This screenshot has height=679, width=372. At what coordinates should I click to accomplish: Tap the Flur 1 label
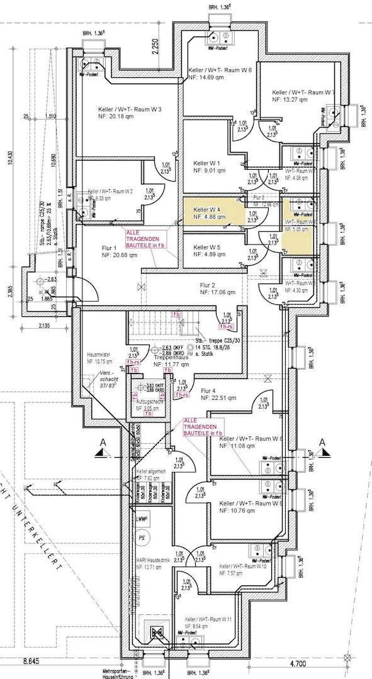click(x=111, y=247)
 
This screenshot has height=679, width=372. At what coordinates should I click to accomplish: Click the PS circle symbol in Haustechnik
click(x=142, y=538)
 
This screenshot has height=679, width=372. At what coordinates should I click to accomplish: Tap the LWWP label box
click(x=141, y=519)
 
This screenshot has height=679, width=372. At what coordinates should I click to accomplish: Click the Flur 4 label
click(x=209, y=390)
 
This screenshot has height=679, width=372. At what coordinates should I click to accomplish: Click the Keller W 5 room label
click(x=206, y=247)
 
